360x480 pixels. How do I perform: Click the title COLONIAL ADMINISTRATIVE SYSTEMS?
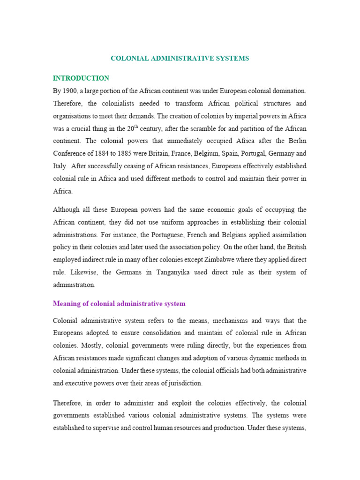point(180,59)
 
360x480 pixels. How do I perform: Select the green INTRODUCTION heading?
point(81,78)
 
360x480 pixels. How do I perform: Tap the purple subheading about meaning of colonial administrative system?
point(119,304)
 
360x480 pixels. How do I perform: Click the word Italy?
point(60,166)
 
